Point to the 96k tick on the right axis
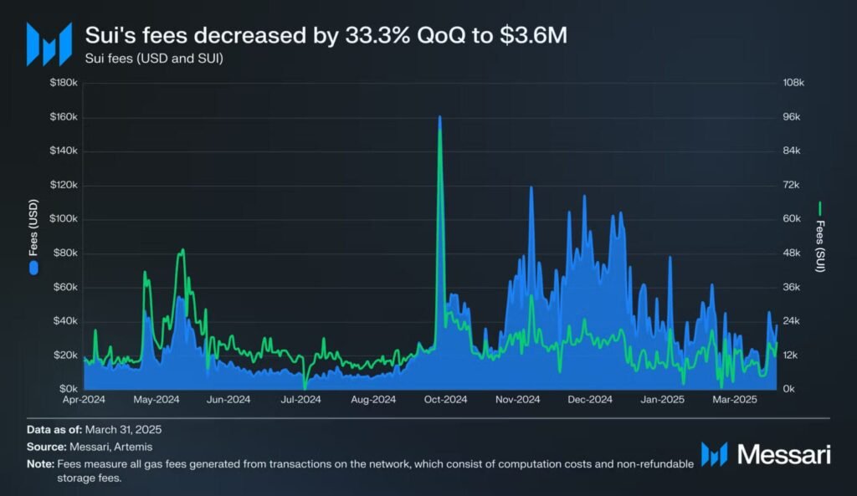792,117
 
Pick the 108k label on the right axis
792,83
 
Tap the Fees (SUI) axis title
821,236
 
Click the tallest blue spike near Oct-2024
439,118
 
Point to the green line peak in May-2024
182,250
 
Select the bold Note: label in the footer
39,464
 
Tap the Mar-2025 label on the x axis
734,400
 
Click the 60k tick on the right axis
792,219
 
